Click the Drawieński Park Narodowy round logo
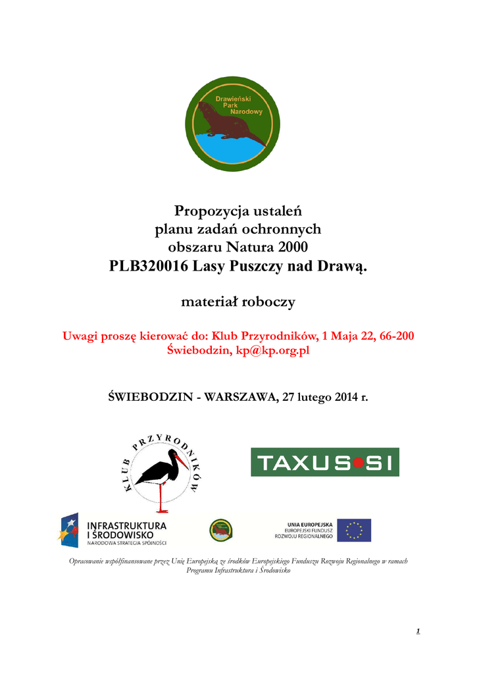click(232, 124)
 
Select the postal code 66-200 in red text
click(393, 336)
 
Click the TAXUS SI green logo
click(324, 462)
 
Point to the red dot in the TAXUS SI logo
click(357, 463)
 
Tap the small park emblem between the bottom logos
click(220, 529)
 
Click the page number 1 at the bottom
click(418, 632)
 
